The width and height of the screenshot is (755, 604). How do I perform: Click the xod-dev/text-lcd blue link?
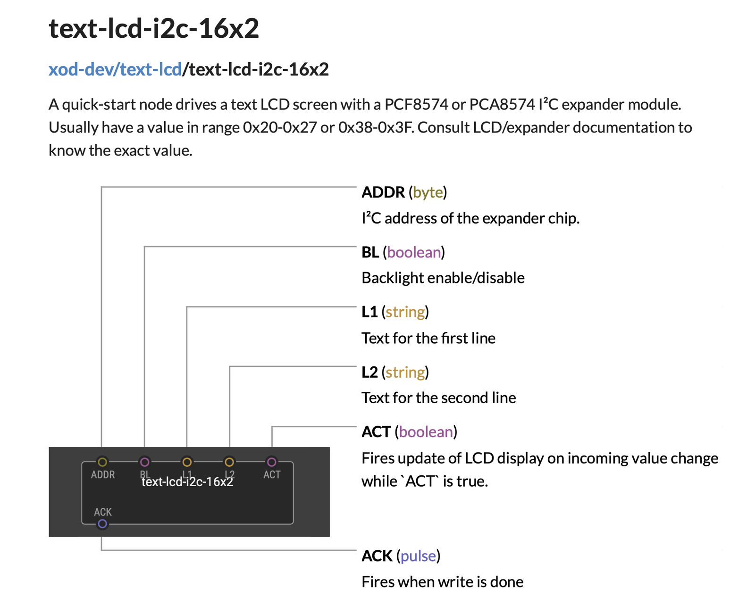[x=115, y=69]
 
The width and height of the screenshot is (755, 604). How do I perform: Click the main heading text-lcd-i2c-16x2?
[x=154, y=29]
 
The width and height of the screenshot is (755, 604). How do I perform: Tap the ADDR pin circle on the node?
[x=102, y=462]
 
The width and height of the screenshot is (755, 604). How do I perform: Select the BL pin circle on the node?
[x=144, y=462]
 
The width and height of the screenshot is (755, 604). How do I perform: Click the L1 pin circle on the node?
[x=187, y=462]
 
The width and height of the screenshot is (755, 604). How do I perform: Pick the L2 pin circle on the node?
[x=229, y=462]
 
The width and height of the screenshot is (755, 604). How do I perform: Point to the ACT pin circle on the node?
[x=272, y=462]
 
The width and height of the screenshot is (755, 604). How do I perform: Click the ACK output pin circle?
[x=102, y=524]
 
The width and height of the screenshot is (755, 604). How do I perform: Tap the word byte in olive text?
[x=428, y=193]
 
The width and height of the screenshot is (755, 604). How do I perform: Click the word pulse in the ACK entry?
[x=418, y=556]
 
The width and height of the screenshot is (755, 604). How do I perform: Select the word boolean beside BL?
[x=414, y=252]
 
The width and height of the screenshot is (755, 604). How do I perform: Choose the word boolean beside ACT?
[x=426, y=432]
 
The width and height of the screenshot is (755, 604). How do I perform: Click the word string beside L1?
[x=405, y=312]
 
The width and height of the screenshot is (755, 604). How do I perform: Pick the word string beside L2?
[x=405, y=372]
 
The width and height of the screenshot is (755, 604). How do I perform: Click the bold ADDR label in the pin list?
[x=383, y=192]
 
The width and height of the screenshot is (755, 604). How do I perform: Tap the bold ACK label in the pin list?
[x=377, y=556]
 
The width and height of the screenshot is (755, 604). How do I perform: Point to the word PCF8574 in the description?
[x=417, y=105]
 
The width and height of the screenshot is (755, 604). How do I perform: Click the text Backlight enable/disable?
[x=443, y=278]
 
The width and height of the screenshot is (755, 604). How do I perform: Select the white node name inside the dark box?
[x=187, y=482]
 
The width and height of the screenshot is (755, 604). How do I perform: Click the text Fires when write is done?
[x=443, y=582]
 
